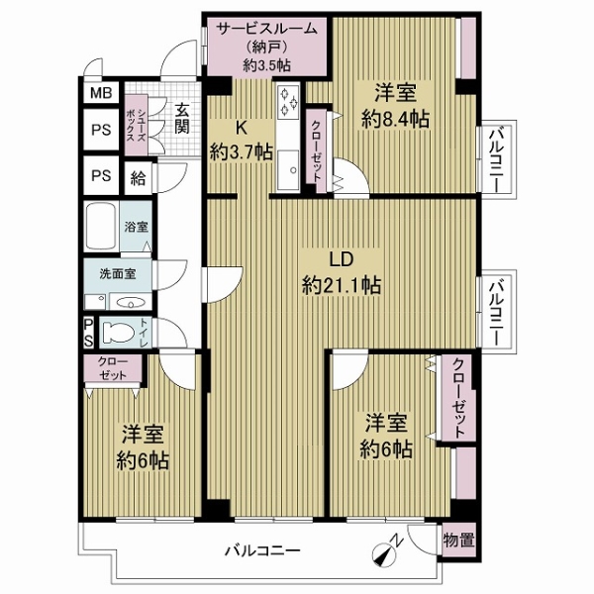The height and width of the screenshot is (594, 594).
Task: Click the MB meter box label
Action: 101,93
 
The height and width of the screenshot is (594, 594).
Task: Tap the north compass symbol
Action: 386,549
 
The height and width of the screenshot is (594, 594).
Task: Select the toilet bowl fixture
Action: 119,333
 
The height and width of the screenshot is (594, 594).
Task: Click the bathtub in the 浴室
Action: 100,227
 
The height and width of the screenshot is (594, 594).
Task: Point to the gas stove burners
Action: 288,101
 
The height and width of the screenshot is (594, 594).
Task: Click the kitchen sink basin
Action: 288,169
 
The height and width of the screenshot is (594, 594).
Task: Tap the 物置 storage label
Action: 458,541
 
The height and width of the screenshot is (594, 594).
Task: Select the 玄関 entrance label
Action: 181,118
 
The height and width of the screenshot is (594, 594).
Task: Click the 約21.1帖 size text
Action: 342,285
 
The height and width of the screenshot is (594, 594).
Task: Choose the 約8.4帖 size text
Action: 395,120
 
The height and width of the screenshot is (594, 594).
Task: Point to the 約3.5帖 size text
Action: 266,65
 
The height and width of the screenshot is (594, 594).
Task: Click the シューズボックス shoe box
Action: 136,125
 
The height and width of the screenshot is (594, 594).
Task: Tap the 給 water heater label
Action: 138,177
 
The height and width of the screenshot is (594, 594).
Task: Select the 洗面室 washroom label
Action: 118,274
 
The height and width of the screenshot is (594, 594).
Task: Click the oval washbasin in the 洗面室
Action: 131,303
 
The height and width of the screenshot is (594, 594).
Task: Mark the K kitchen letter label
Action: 242,129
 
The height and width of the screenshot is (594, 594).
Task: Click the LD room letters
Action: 342,259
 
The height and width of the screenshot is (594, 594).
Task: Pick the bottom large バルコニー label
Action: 263,550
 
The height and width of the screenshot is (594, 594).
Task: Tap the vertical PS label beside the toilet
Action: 88,333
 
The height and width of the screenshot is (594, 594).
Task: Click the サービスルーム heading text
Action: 266,29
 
